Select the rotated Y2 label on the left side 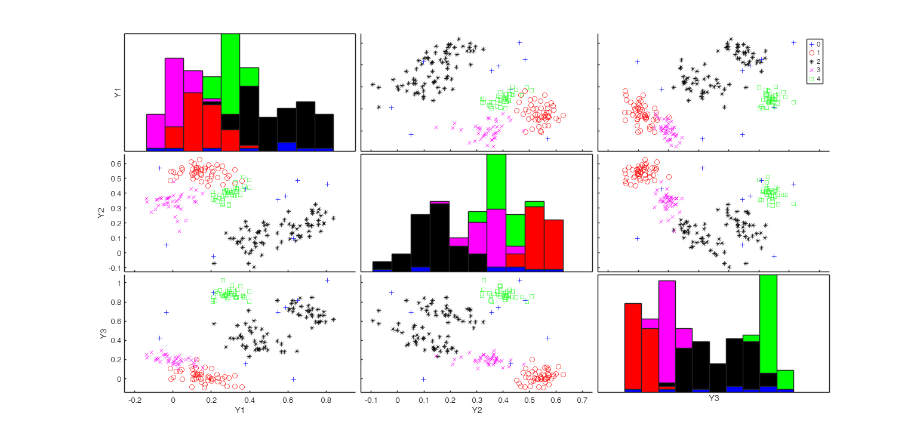pyautogui.click(x=101, y=212)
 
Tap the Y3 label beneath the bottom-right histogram pyautogui.click(x=713, y=399)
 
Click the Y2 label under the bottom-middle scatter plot pyautogui.click(x=476, y=410)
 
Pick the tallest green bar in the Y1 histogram pyautogui.click(x=230, y=73)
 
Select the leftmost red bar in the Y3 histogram pyautogui.click(x=633, y=346)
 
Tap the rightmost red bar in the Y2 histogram pyautogui.click(x=553, y=245)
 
